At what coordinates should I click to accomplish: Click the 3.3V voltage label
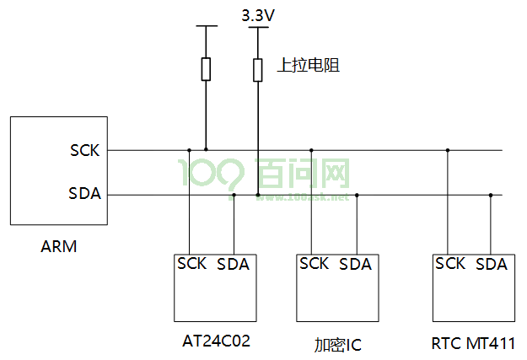(258, 15)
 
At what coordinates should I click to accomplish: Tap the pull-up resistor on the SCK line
(206, 69)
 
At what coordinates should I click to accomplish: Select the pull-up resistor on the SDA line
(258, 70)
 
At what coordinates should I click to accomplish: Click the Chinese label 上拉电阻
(309, 65)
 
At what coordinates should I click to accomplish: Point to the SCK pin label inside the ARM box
(85, 150)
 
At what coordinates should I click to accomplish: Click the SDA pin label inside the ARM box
(84, 193)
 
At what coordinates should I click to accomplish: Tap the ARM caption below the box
(59, 246)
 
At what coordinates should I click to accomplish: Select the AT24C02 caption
(216, 341)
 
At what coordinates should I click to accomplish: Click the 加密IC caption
(338, 345)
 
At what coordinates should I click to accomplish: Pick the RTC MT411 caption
(473, 343)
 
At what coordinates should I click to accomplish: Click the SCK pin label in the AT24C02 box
(192, 263)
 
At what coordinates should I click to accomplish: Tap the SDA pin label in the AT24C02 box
(233, 264)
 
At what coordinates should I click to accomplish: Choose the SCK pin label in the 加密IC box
(314, 263)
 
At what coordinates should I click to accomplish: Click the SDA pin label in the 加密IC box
(355, 264)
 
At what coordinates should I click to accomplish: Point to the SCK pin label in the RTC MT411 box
(450, 263)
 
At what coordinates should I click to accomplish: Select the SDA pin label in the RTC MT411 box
(492, 264)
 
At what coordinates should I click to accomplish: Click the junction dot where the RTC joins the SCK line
(448, 150)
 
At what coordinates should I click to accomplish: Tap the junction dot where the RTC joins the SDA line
(491, 195)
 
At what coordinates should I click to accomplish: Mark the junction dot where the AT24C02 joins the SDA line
(234, 195)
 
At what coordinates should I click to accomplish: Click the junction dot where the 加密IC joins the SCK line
(311, 150)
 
